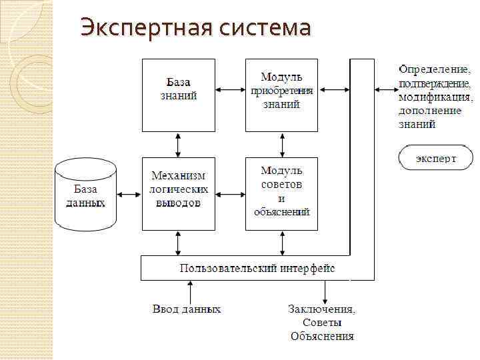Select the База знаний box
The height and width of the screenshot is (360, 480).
[179, 95]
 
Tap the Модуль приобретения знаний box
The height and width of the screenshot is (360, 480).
[281, 95]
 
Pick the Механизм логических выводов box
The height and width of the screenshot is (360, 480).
[179, 194]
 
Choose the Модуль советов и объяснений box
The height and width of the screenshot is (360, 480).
[281, 194]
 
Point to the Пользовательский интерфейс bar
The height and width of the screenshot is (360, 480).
[257, 269]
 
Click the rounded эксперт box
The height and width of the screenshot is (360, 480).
[436, 159]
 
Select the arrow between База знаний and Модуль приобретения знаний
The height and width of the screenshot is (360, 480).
[230, 89]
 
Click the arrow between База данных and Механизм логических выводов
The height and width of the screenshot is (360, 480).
[129, 195]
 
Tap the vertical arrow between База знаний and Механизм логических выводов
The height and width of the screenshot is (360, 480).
[178, 144]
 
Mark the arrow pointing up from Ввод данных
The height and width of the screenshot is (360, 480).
[191, 291]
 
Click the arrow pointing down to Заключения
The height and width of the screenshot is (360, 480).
[325, 291]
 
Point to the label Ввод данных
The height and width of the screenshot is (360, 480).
[187, 309]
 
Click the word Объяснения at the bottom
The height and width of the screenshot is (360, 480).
[322, 336]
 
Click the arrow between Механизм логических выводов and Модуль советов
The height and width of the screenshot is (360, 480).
[230, 195]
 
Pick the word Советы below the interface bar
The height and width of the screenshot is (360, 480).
[322, 323]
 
